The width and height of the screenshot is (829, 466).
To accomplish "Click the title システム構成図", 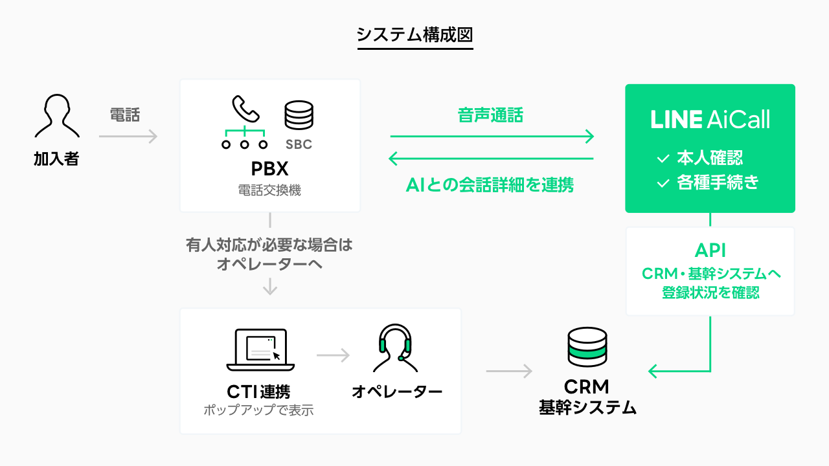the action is click(414, 34).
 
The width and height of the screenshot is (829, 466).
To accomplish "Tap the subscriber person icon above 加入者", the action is click(57, 116).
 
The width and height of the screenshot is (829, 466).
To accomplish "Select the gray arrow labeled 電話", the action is click(128, 136).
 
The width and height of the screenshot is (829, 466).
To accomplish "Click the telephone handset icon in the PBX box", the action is click(245, 109).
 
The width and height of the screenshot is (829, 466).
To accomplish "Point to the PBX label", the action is click(269, 169).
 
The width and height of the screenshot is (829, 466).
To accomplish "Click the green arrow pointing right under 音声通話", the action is click(492, 136).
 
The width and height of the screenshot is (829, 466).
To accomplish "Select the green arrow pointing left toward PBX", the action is click(490, 159).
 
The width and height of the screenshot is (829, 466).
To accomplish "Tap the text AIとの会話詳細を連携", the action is click(490, 186).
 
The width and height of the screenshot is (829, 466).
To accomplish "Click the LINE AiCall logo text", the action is click(710, 119).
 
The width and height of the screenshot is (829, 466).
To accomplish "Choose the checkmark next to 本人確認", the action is click(663, 159).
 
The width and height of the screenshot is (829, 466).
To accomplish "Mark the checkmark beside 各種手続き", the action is click(663, 184).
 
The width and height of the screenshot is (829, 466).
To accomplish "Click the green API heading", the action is click(710, 251).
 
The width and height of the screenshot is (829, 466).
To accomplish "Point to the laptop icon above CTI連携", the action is click(260, 349).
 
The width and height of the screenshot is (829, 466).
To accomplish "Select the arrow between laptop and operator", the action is click(333, 355).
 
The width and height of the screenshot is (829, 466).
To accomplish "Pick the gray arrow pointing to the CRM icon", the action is click(509, 371).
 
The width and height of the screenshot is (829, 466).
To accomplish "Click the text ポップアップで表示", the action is click(258, 410).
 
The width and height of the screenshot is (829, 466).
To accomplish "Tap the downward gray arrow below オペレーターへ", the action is click(270, 287).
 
